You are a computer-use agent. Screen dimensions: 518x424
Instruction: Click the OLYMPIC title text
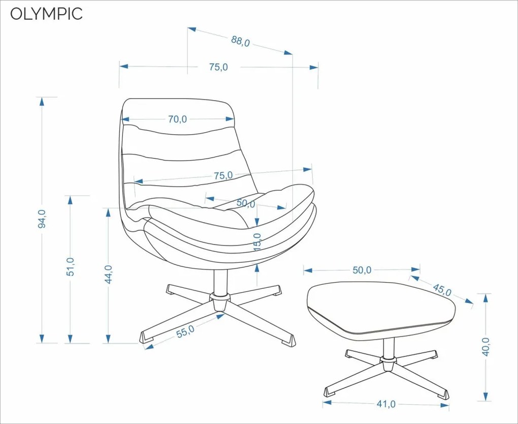[x=46, y=14]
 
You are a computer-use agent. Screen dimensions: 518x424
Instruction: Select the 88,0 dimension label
[x=240, y=41]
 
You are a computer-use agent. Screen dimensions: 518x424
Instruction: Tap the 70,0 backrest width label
[x=177, y=119]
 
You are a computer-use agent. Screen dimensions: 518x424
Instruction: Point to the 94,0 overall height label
[x=42, y=219]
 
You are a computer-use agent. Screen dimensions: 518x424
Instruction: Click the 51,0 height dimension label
[x=71, y=266]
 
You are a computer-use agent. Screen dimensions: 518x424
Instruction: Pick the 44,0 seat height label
[x=108, y=274]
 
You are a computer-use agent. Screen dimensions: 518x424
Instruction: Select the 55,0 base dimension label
[x=185, y=331]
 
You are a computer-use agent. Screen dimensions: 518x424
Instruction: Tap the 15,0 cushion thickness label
[x=257, y=242]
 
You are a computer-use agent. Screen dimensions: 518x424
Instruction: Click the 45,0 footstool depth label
[x=442, y=290]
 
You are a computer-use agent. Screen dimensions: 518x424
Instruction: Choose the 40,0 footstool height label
[x=486, y=347]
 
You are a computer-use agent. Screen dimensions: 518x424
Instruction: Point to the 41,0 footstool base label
[x=386, y=404]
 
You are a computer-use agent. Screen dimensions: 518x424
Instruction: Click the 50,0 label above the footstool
[x=362, y=270]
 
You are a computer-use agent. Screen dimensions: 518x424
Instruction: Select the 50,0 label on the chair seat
[x=246, y=203]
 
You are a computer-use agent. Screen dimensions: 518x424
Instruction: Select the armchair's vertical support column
[x=220, y=282]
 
